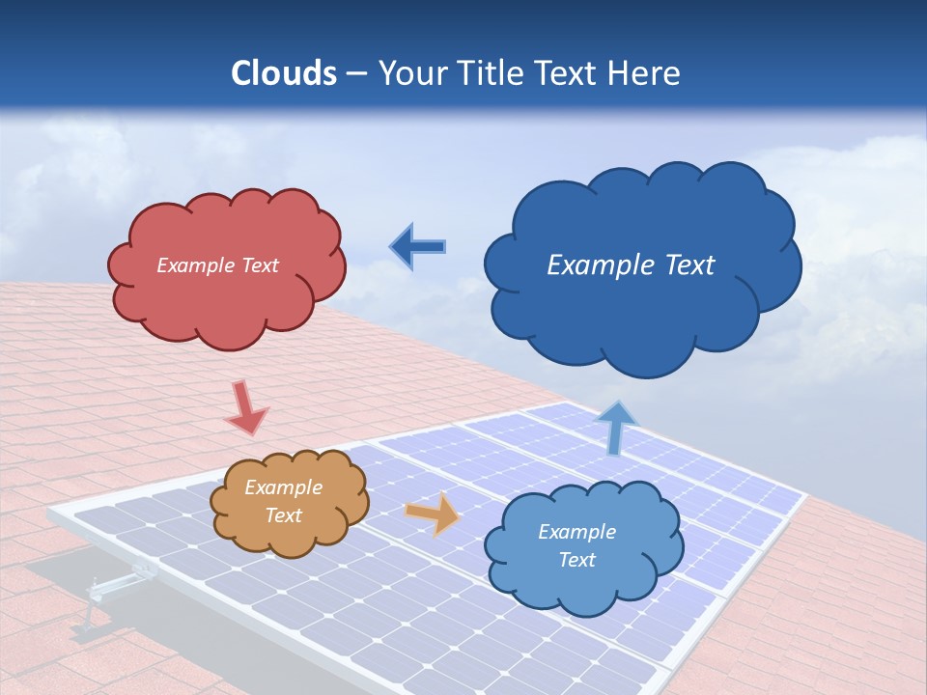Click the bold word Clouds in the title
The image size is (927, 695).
284,73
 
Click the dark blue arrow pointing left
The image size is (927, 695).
417,247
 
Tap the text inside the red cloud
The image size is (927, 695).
217,265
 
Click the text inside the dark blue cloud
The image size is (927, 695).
631,265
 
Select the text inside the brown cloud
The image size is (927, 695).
283,501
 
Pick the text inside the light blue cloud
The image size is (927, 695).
576,545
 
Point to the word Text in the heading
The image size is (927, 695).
570,73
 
